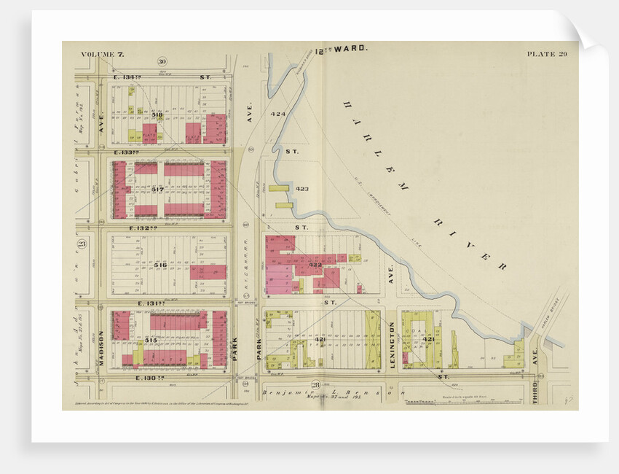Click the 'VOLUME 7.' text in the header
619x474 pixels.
[103, 54]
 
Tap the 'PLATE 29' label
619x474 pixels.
[546, 54]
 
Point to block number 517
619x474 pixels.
[157, 189]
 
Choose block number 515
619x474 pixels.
[151, 340]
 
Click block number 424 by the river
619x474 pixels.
[277, 114]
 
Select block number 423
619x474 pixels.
[302, 189]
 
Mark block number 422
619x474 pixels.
[315, 265]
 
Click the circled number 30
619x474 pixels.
[162, 61]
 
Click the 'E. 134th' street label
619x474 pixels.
[127, 76]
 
